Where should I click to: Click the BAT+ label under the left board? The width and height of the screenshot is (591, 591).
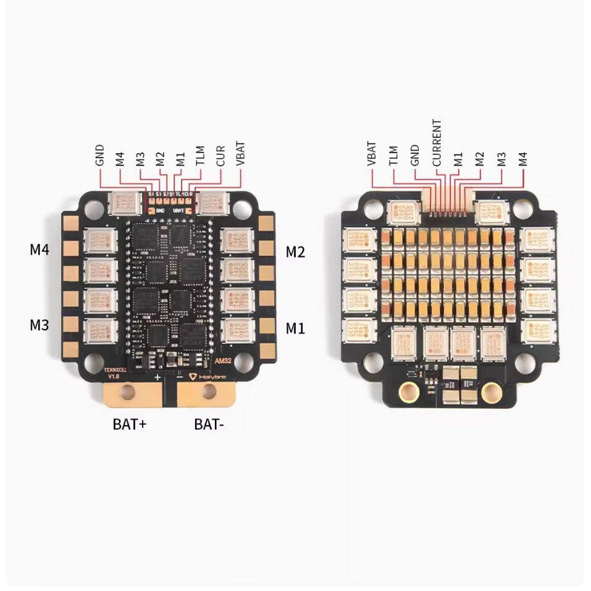(129, 424)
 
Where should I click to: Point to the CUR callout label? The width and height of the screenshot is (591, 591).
(220, 155)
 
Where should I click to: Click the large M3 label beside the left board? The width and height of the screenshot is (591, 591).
(39, 325)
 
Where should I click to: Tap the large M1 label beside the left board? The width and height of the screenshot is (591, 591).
(295, 328)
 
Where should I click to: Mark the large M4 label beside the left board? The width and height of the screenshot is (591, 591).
(39, 249)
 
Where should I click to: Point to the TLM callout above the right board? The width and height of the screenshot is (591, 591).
(393, 155)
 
